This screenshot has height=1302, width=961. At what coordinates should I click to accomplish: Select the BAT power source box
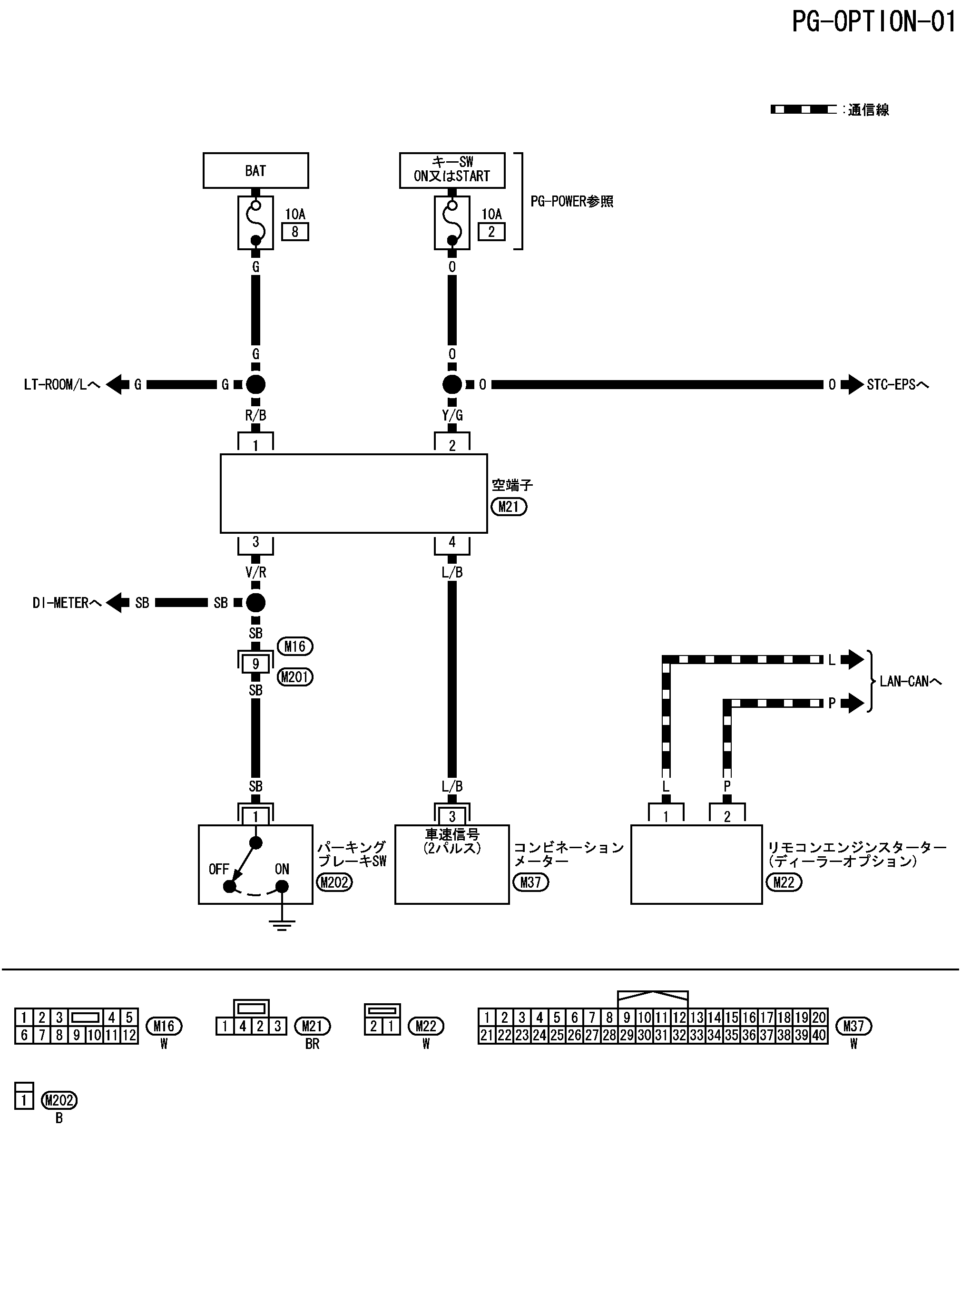coord(255,170)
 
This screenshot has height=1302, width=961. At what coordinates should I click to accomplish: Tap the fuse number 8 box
coord(295,232)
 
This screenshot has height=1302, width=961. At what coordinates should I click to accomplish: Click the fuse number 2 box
coord(491,232)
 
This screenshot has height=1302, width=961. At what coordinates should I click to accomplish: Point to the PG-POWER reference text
coord(572,201)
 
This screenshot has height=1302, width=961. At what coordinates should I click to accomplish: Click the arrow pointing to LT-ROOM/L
coord(118,384)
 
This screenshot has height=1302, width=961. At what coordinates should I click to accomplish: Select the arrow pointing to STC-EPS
coord(852,384)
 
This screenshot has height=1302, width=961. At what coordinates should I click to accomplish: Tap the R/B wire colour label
coord(255,415)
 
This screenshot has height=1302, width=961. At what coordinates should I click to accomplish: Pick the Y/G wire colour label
coord(452,415)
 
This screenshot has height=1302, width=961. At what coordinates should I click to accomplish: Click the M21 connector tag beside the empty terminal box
coord(509,507)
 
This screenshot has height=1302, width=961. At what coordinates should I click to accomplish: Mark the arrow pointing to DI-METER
coord(118,602)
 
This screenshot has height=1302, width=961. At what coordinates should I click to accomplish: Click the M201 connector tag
coord(295,677)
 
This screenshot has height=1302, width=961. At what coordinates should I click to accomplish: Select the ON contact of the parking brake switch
coord(282,887)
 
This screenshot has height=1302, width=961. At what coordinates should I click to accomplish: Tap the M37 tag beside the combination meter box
coord(530,882)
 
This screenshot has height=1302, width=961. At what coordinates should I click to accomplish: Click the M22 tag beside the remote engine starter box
coord(784,882)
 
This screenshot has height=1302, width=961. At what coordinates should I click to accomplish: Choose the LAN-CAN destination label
coord(911,681)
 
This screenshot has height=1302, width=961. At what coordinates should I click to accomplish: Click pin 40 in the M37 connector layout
coord(819,1035)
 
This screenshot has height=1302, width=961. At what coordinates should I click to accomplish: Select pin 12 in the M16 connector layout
coord(129,1035)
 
